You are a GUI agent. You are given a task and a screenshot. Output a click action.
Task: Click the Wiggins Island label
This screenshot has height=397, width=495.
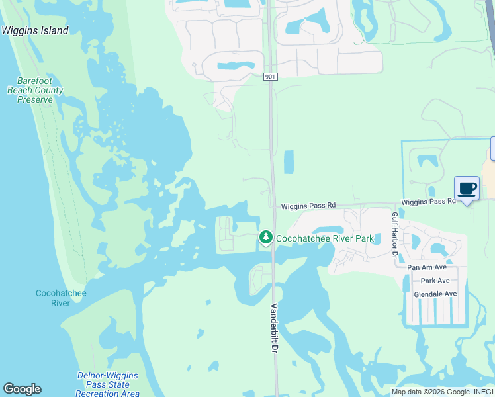pos(34,30)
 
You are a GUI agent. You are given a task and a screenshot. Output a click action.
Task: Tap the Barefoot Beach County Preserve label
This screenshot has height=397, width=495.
pos(35,91)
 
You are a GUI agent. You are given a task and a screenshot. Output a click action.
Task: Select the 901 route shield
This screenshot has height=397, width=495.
pos(269,77)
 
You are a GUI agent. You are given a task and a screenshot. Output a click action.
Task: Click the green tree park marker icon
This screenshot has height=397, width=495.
pos(266,237)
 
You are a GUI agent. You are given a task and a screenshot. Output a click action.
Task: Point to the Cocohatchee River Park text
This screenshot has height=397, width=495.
pos(325,238)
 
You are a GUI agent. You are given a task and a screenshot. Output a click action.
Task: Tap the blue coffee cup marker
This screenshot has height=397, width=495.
pos(467,189)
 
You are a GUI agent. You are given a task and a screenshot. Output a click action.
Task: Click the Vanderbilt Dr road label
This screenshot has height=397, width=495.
pos(274,329)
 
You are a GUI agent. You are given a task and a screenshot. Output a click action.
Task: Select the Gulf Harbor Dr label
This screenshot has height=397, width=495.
pos(394,236)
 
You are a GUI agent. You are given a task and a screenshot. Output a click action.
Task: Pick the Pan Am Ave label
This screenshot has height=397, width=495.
pos(427,267)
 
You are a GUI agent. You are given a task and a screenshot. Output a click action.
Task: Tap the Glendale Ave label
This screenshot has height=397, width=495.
pos(435,294)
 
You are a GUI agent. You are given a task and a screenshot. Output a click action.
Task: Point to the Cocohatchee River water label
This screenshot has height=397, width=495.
pos(60,298)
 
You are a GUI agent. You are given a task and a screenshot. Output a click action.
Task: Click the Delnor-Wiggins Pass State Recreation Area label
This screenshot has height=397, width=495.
pos(107,384)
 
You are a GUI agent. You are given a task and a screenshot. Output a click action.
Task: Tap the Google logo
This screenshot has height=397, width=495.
pos(21,389)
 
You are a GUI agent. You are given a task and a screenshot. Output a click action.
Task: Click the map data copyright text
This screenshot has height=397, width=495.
pos(442,392)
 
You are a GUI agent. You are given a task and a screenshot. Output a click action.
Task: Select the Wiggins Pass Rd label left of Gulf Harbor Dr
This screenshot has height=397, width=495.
pos(308,206)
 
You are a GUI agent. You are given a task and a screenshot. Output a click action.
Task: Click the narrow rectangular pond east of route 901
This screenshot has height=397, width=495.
pos(289,162)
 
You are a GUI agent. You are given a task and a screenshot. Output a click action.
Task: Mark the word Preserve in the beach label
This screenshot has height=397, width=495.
pos(35,100)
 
